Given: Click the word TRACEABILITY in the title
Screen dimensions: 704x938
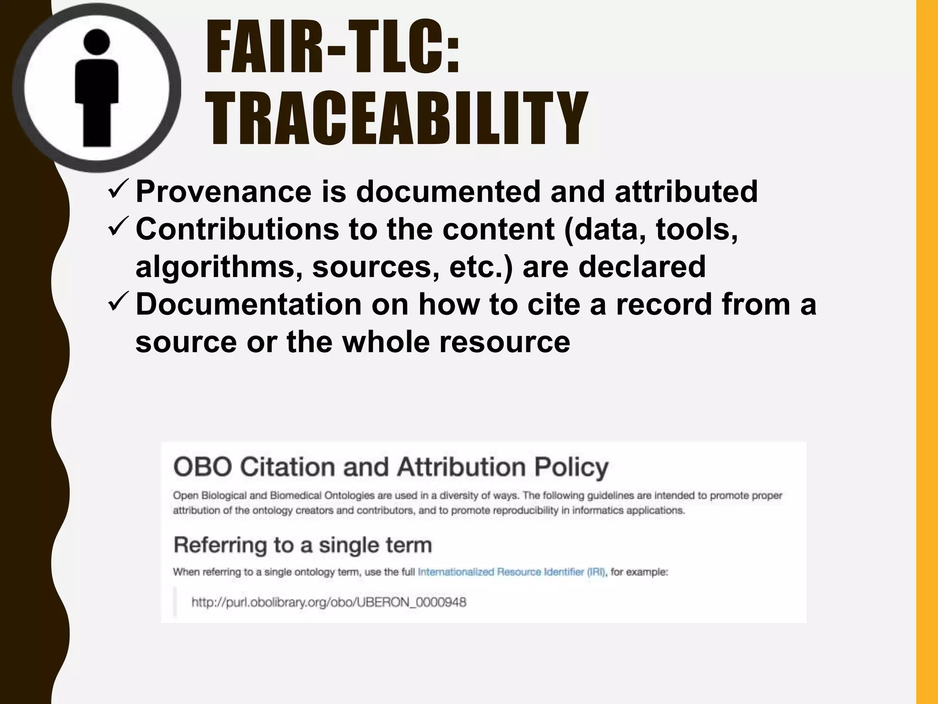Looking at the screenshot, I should pyautogui.click(x=396, y=118).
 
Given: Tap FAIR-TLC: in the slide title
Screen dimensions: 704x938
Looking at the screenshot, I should pyautogui.click(x=333, y=48).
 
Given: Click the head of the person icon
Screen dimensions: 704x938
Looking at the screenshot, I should pyautogui.click(x=97, y=40).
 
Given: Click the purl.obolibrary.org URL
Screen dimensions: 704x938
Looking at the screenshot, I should pyautogui.click(x=328, y=602).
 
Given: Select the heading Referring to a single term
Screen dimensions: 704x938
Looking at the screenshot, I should pyautogui.click(x=302, y=545).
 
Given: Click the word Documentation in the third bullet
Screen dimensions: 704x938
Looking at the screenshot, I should pyautogui.click(x=249, y=305).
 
